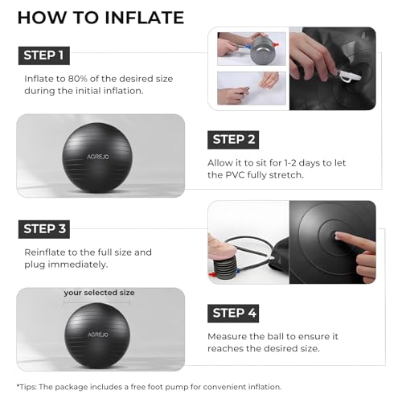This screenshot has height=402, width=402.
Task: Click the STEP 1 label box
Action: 44,55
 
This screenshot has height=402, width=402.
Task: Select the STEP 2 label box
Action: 233,140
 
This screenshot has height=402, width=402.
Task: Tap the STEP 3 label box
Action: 44,229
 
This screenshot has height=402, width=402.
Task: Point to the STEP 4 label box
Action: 233,314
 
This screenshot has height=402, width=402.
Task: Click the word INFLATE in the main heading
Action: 145,18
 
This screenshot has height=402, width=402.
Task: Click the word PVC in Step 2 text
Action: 235,175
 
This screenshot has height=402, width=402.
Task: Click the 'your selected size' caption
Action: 99,293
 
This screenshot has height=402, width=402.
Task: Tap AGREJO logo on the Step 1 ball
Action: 98,157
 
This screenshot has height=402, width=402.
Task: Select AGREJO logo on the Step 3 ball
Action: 98,334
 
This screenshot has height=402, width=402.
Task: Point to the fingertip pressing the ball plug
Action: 338,235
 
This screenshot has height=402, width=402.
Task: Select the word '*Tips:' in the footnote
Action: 27,387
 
